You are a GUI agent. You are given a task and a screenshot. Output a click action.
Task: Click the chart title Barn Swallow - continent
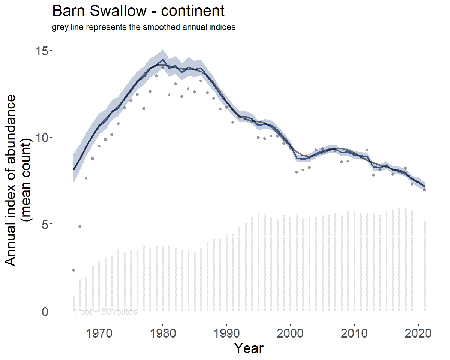point(138,11)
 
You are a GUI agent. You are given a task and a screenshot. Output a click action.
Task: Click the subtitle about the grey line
point(144,27)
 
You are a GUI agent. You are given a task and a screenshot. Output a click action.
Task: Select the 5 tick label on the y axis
point(45,224)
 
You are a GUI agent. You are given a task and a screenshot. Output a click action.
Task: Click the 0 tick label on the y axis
point(45,311)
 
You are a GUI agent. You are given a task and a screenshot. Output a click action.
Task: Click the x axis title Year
point(249,348)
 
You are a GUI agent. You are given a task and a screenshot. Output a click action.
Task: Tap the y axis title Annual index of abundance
point(13,180)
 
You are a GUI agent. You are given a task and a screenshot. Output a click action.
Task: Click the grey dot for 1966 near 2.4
point(73,270)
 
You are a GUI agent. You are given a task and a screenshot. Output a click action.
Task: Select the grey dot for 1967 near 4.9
point(80,226)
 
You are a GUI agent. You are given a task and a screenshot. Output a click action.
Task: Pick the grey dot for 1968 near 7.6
point(86,178)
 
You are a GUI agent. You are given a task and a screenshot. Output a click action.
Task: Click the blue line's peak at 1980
point(163,59)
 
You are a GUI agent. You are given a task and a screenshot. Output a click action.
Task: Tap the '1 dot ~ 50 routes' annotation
point(105,312)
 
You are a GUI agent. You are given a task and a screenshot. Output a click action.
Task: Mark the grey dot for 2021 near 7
point(424,190)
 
